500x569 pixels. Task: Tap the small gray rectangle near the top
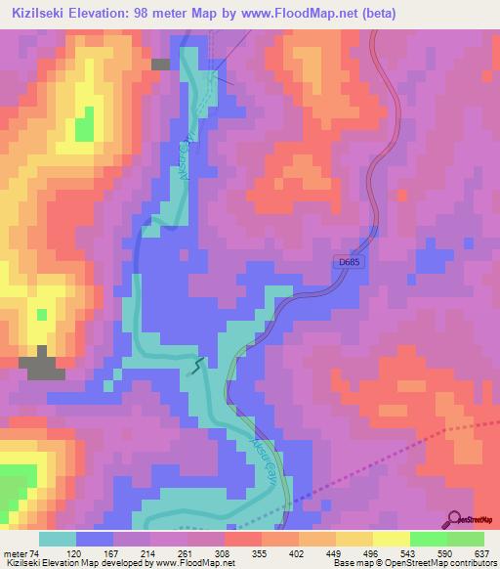tap(161, 64)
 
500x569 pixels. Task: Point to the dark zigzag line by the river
tap(197, 366)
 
